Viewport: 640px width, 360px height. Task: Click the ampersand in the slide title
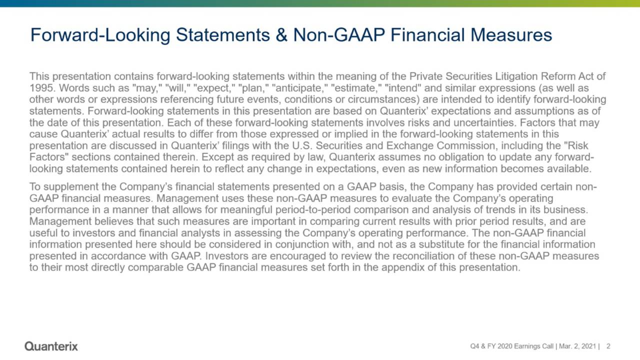(281, 35)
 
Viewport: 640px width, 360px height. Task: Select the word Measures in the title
(511, 35)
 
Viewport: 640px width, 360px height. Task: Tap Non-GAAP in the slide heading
(339, 35)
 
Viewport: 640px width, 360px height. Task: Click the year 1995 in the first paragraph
(41, 88)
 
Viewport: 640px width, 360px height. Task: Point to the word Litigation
(515, 76)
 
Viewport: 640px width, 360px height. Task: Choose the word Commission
(467, 145)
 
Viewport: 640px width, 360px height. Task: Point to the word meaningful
(246, 210)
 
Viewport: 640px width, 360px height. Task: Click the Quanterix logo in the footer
(51, 346)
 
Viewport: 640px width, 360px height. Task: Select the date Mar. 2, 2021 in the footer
(577, 346)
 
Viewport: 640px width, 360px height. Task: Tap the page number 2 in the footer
(608, 346)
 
